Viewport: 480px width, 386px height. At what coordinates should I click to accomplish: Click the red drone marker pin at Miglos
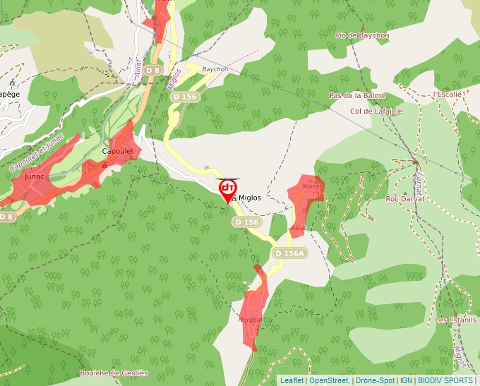pos(227,190)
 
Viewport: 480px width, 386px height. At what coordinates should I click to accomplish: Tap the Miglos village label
pos(248,198)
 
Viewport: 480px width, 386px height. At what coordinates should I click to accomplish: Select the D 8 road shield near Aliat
pos(152,71)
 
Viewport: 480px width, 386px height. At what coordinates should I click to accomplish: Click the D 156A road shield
pos(289,253)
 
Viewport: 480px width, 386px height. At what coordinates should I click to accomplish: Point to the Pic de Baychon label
pos(362,35)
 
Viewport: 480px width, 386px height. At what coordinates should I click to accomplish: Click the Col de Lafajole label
pos(376,111)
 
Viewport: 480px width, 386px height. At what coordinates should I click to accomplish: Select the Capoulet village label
pos(117,151)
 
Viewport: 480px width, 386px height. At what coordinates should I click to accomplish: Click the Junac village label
pos(34,176)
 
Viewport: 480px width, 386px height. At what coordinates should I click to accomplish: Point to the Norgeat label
pos(251,319)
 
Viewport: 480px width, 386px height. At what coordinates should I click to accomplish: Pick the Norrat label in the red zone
pos(311,186)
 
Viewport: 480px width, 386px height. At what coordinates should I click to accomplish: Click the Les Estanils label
pos(455,320)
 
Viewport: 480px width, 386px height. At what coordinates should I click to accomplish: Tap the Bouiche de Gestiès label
pos(114,373)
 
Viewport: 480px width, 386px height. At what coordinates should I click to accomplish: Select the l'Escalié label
pos(447,94)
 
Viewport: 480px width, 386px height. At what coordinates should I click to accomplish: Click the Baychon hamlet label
pos(215,69)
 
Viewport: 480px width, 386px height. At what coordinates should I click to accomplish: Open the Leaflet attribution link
pos(292,380)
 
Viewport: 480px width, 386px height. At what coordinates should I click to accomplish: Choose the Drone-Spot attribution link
pos(375,380)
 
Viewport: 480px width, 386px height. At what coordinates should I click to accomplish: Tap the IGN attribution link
pos(407,380)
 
